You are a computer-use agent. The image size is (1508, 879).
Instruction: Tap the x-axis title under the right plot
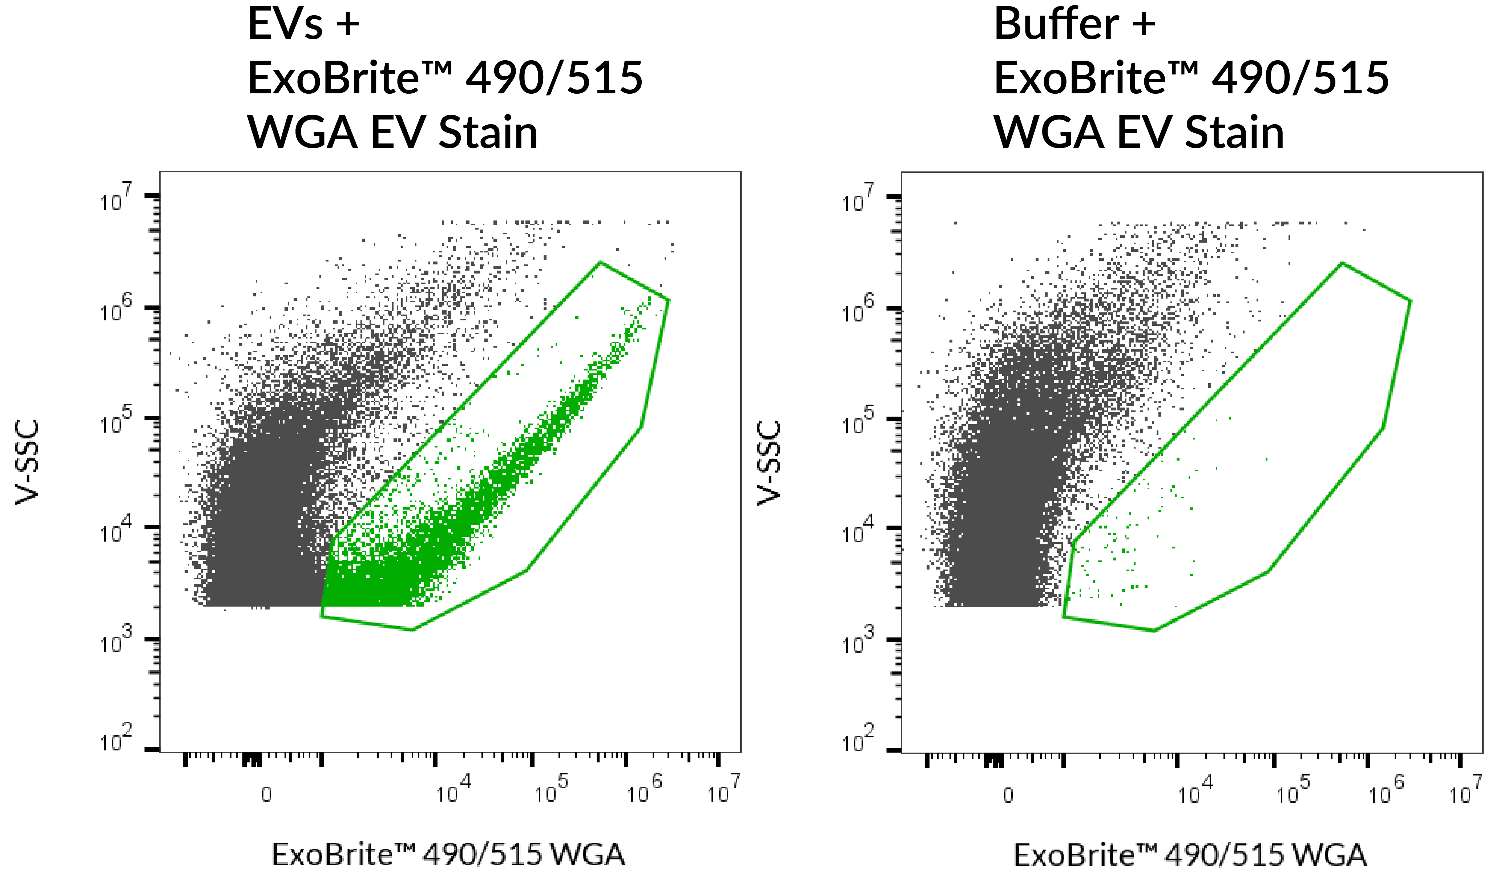coord(1190,854)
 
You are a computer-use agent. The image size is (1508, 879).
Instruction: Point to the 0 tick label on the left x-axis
coord(266,795)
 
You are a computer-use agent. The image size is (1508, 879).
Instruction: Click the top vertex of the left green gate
coord(600,262)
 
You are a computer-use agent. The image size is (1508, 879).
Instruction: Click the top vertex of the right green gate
coord(1342,263)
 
